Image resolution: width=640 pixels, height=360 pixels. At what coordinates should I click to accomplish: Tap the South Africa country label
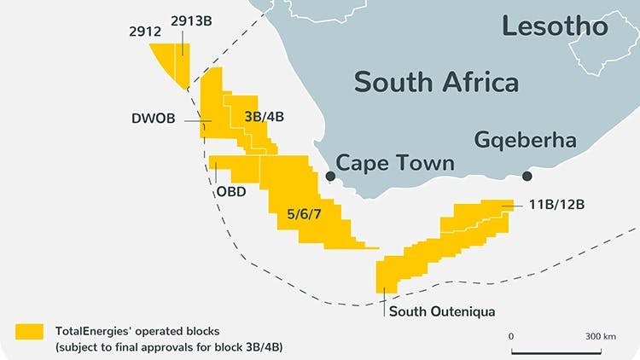tap(436, 82)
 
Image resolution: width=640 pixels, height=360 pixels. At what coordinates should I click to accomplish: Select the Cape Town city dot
tap(330, 177)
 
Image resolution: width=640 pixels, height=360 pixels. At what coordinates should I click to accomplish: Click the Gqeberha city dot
tap(527, 177)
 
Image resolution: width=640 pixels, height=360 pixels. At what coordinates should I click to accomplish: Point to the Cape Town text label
tap(395, 163)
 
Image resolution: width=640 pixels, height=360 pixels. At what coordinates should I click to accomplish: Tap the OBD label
tap(230, 191)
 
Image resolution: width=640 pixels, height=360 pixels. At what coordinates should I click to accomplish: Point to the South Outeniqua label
tap(442, 311)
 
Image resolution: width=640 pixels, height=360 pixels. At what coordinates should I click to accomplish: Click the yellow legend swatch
tap(30, 330)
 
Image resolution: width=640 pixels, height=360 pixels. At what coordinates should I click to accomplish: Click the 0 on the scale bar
tap(511, 336)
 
